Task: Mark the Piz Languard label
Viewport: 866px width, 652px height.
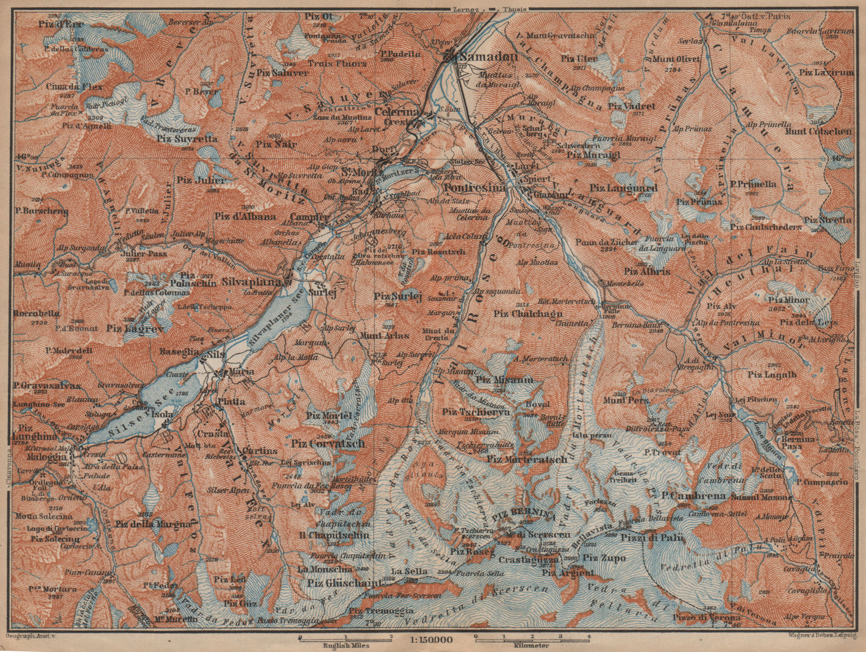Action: pos(624,188)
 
